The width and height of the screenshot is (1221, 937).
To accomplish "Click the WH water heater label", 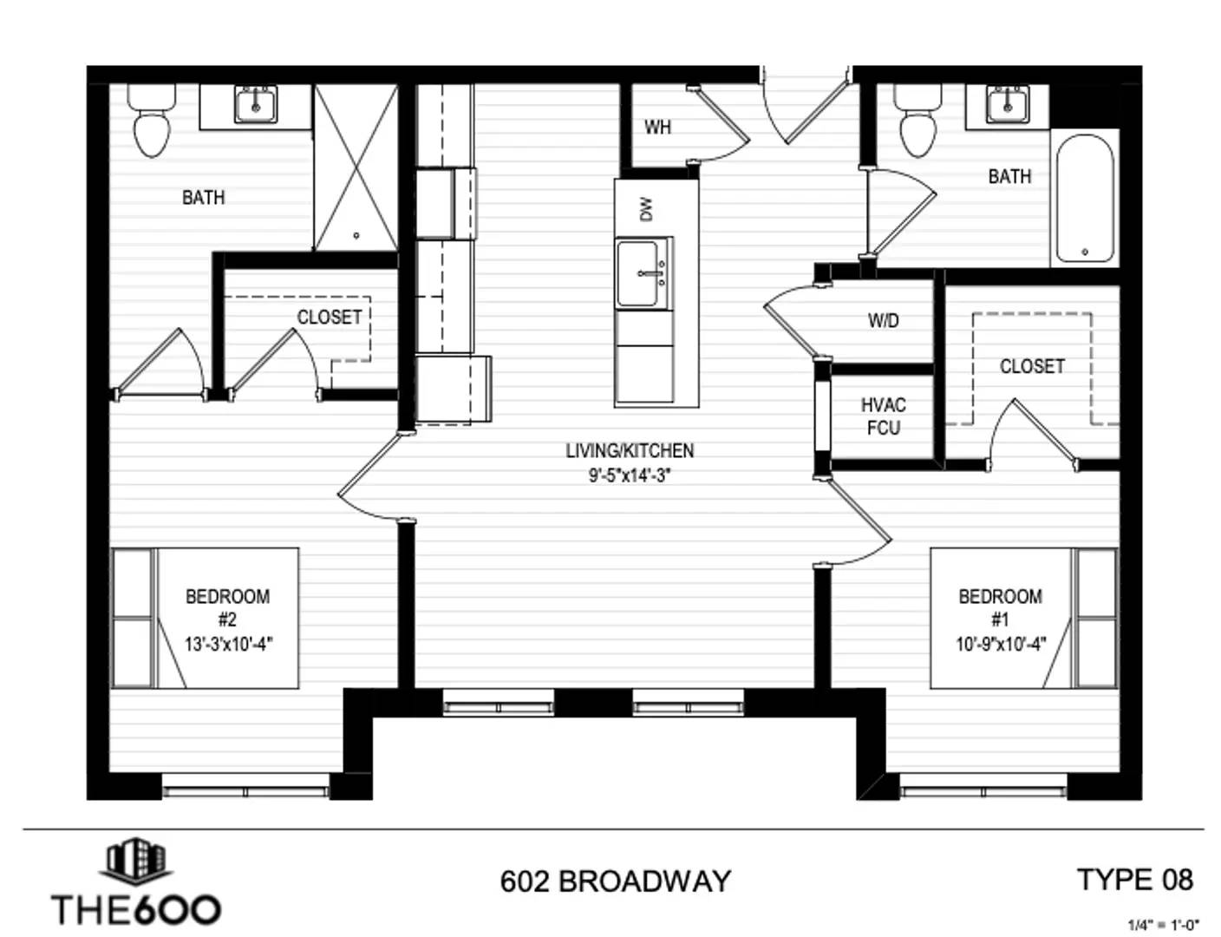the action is point(657,127).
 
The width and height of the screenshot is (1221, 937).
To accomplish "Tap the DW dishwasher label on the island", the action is point(647,209).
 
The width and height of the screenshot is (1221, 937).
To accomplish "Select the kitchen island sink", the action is point(643,274).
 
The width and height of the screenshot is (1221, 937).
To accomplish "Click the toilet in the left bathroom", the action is point(152,121).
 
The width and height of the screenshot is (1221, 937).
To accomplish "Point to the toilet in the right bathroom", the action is point(918,121).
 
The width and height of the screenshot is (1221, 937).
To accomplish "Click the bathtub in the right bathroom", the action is point(1085,198).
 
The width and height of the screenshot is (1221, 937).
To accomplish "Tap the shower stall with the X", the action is point(356,167).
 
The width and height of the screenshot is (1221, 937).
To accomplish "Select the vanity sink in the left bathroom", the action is point(256,105).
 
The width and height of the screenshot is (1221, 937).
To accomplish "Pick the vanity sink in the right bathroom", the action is point(1007,105).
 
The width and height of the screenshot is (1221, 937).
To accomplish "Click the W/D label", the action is point(884,320).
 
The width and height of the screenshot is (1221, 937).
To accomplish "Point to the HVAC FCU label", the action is point(884,416).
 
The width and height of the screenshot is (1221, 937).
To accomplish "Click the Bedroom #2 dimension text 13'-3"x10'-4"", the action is point(229,644).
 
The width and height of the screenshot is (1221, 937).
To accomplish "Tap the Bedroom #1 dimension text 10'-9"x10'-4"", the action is point(1001,644).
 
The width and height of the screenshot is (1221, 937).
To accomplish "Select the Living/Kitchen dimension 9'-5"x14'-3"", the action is point(630,475).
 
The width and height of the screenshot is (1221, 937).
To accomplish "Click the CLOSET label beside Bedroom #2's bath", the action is point(330,317).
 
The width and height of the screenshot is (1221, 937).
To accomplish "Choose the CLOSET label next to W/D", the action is point(1032,366).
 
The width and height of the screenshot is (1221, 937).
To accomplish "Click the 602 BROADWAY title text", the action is point(616,881).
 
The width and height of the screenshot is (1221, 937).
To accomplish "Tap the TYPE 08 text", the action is point(1135,880).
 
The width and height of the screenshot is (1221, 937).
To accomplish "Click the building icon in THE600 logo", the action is point(136,862).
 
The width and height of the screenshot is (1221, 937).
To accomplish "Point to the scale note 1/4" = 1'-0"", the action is point(1164,924).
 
